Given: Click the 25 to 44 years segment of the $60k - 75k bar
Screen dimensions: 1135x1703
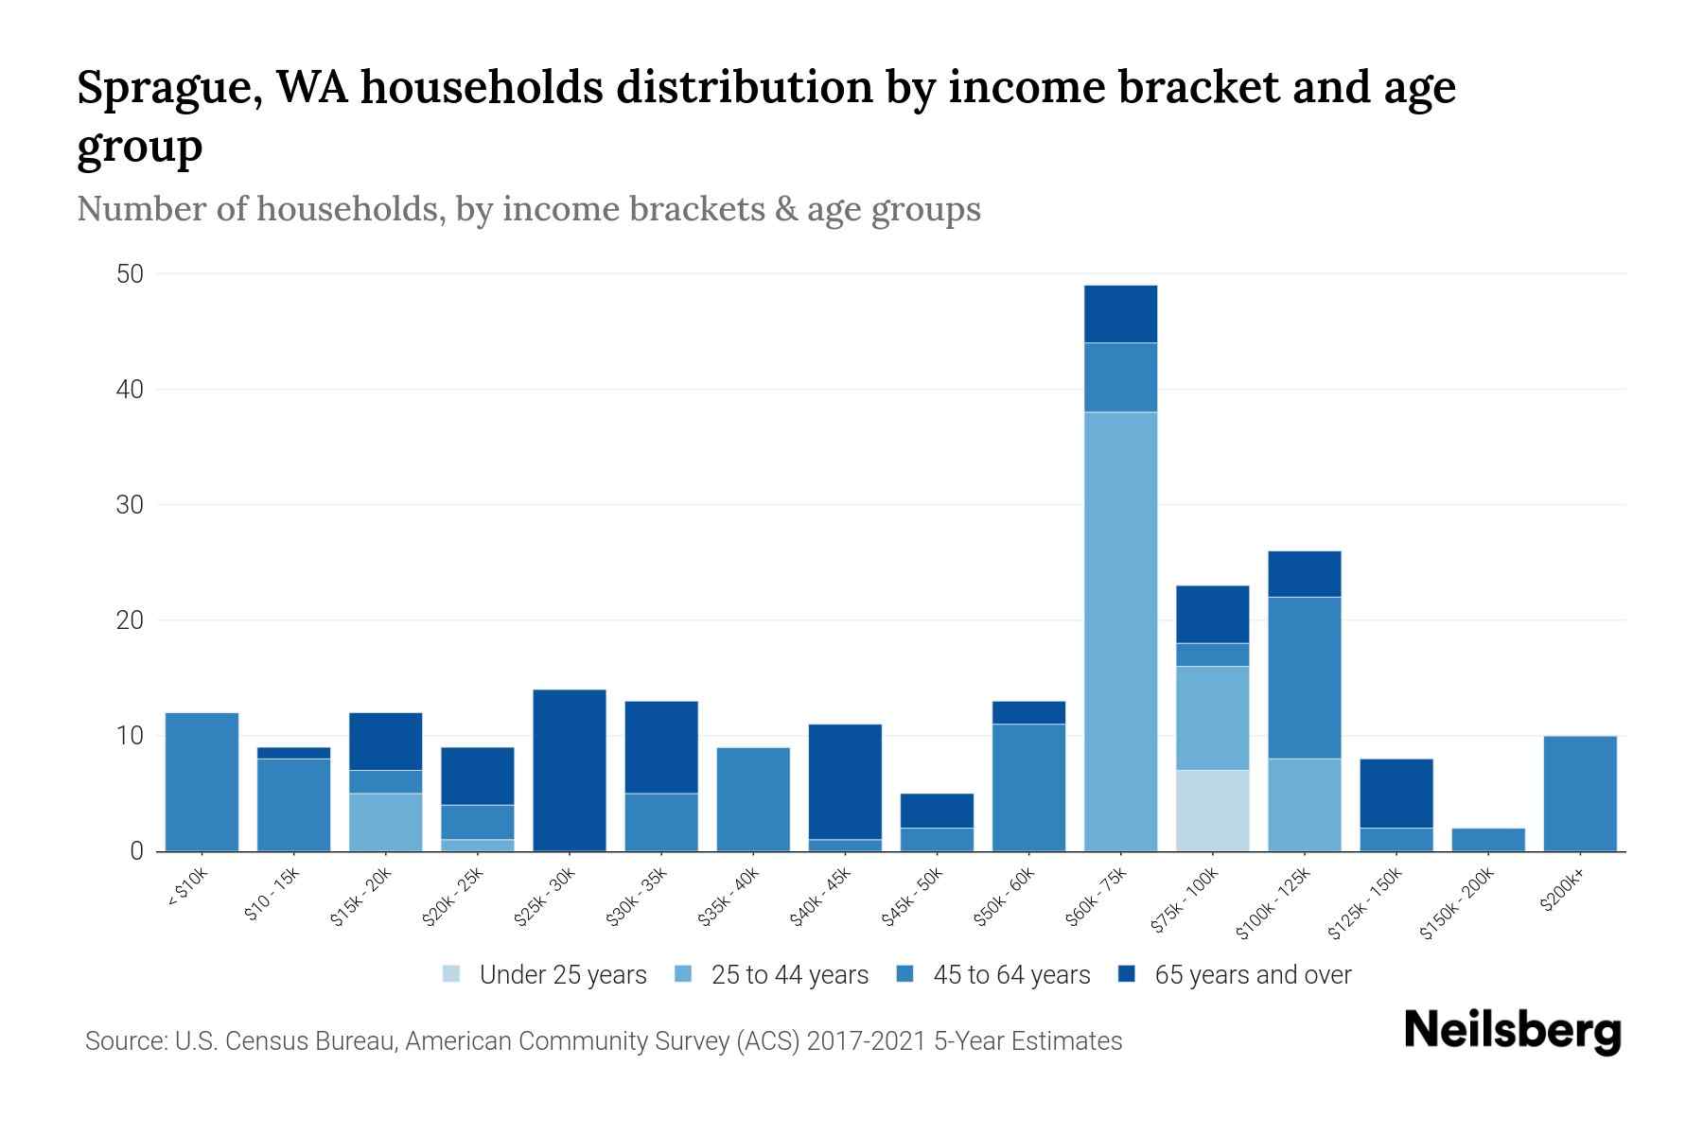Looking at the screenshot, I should point(1120,631).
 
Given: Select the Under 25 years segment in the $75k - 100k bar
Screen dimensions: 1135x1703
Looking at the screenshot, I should point(1212,811).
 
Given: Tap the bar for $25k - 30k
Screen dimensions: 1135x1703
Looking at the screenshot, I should point(570,770).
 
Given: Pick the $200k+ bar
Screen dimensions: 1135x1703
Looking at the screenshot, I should point(1580,794).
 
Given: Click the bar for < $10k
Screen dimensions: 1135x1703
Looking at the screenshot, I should point(202,781).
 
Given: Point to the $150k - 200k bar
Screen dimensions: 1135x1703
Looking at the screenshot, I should point(1488,840).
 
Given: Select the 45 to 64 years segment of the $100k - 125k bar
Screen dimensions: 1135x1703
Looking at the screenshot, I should point(1305,677).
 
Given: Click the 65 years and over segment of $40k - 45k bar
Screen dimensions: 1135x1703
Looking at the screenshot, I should point(845,781).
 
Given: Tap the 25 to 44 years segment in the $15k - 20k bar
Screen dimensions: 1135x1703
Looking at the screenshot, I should point(386,822).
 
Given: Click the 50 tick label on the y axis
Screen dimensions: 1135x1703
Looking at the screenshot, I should point(130,274).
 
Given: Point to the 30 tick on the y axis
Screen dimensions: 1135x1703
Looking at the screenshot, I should point(130,505).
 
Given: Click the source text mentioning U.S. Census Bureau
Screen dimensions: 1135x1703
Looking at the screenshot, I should point(603,1041).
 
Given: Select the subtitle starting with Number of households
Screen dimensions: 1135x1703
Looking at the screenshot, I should point(528,209).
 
